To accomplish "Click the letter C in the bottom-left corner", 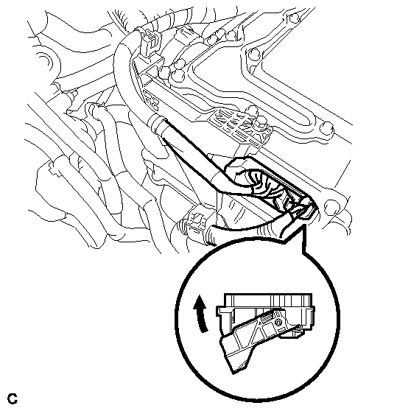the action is [13, 398].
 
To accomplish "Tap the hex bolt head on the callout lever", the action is [278, 322].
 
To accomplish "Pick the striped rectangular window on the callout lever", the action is [267, 319].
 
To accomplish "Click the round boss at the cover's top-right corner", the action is [293, 18].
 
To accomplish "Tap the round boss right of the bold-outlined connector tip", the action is [331, 206].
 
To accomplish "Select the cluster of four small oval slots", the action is [150, 100].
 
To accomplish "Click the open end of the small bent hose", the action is [92, 109].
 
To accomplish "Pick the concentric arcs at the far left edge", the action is [44, 63].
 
